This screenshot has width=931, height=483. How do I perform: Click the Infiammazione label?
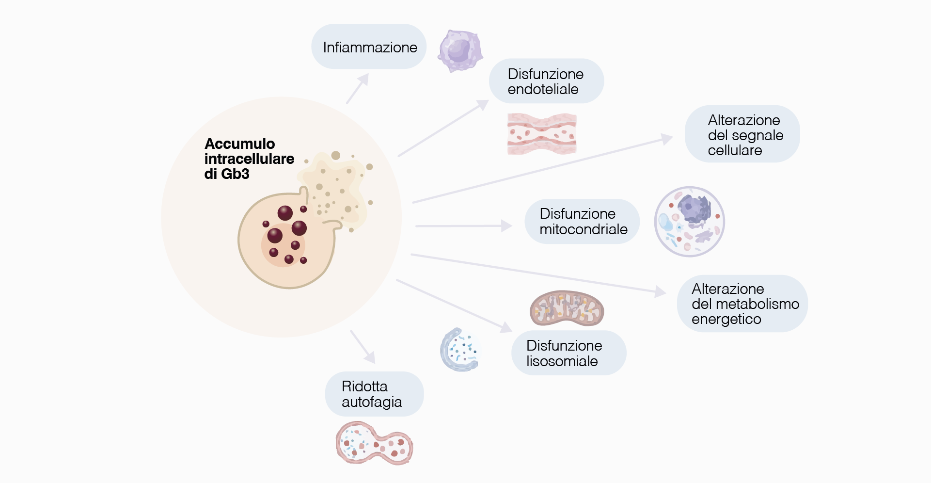point(369,47)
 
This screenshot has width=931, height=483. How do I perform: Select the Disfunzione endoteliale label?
point(546,81)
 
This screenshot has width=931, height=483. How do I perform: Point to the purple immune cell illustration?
point(460,50)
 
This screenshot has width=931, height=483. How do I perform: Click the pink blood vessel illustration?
point(542,134)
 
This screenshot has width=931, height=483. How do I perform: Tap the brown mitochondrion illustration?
point(567,309)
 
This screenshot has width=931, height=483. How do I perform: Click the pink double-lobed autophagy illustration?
point(374,443)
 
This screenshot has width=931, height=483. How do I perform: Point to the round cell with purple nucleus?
point(689,222)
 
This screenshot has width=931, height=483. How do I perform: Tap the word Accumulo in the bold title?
point(239,144)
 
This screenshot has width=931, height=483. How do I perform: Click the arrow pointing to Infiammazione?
point(358,88)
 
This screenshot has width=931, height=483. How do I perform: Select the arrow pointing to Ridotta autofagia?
point(363,347)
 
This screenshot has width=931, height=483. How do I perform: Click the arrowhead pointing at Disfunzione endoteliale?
point(483,104)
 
